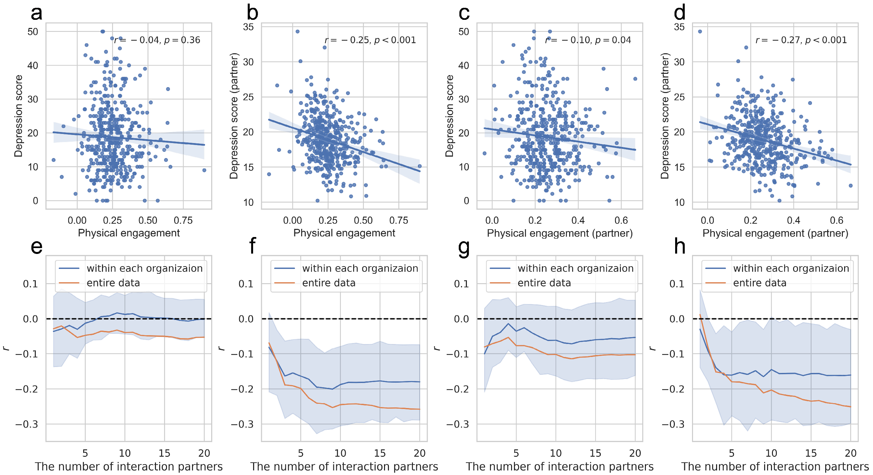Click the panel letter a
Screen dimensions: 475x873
pyautogui.click(x=37, y=14)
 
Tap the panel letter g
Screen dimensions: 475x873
pyautogui.click(x=464, y=247)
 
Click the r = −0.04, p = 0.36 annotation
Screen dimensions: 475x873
pyautogui.click(x=157, y=40)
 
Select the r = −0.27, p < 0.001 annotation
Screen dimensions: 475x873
pyautogui.click(x=801, y=40)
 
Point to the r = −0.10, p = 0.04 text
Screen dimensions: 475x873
pyautogui.click(x=588, y=40)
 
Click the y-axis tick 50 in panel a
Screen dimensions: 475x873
pyautogui.click(x=33, y=32)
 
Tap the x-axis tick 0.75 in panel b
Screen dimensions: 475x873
pyautogui.click(x=399, y=220)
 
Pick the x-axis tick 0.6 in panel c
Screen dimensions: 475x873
pyautogui.click(x=621, y=220)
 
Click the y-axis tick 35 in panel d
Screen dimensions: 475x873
pyautogui.click(x=679, y=27)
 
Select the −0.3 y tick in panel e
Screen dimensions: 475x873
pyautogui.click(x=26, y=424)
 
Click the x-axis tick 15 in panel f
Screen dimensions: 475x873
pyautogui.click(x=380, y=453)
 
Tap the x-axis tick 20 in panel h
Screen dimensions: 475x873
pyautogui.click(x=850, y=453)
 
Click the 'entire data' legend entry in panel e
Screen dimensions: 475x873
pyautogui.click(x=113, y=283)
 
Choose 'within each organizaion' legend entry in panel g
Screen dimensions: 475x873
pyautogui.click(x=575, y=268)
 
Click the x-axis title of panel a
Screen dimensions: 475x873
pyautogui.click(x=129, y=233)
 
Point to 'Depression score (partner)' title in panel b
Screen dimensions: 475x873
pyautogui.click(x=234, y=116)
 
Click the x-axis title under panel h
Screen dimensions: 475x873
pyautogui.click(x=775, y=467)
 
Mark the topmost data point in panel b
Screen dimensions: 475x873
pyautogui.click(x=298, y=32)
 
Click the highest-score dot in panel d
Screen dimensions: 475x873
pyautogui.click(x=700, y=32)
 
